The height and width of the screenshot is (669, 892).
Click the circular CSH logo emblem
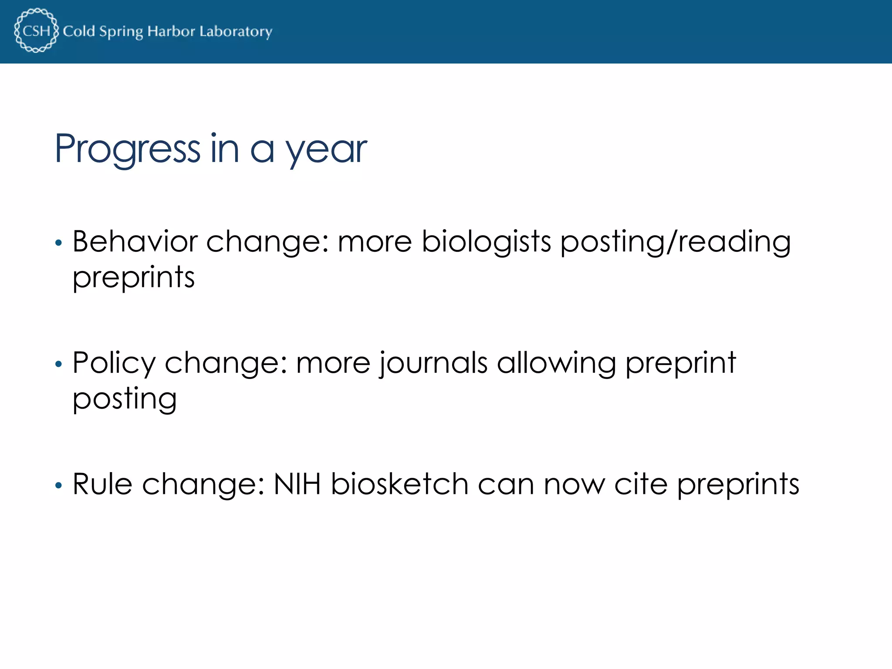tap(36, 30)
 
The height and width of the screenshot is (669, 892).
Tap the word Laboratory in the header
tap(236, 31)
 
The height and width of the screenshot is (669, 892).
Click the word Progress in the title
tap(127, 149)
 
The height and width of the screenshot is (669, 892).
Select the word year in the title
tap(326, 150)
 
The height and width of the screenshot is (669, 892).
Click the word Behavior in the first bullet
tap(135, 241)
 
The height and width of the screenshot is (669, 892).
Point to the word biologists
tap(487, 242)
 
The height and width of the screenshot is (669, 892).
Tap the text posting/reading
tap(675, 242)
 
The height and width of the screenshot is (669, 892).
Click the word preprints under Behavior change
tap(133, 277)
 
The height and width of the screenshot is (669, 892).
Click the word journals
tap(433, 363)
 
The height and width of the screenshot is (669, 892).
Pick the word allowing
tap(556, 363)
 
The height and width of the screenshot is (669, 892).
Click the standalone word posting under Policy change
tap(125, 399)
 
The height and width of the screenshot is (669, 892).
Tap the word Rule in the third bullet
tap(102, 484)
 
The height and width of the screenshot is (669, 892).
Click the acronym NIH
tap(297, 484)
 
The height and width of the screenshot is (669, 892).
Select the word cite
tap(640, 484)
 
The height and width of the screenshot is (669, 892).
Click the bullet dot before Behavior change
tap(59, 243)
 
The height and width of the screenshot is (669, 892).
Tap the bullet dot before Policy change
tap(59, 364)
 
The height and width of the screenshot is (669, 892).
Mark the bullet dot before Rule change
tap(59, 485)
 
